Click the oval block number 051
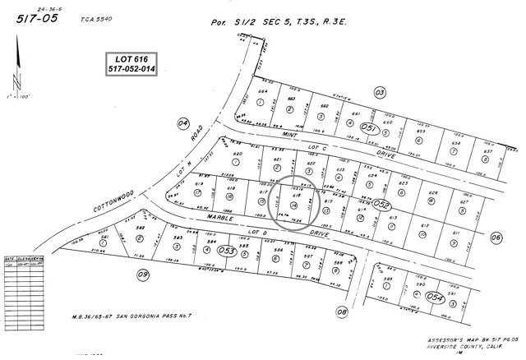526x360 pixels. (371, 128)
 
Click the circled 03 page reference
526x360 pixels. (380, 92)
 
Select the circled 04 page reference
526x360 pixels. (182, 123)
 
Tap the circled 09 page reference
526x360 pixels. (142, 275)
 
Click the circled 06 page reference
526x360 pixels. (496, 238)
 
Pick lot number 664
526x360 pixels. (263, 91)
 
